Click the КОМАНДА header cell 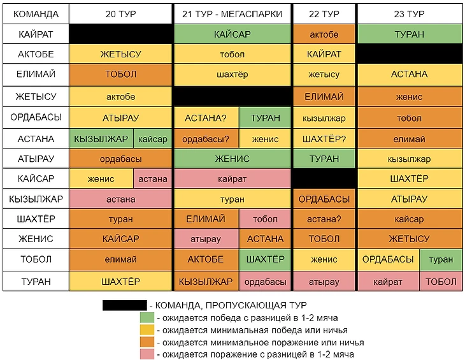pyautogui.click(x=36, y=13)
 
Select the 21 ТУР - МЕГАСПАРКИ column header pyautogui.click(x=232, y=13)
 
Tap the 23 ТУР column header pyautogui.click(x=409, y=13)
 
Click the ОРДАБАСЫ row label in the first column pyautogui.click(x=36, y=118)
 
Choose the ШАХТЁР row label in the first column pyautogui.click(x=36, y=219)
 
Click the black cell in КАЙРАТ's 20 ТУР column pyautogui.click(x=120, y=34)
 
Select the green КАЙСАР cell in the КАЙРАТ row pyautogui.click(x=232, y=34)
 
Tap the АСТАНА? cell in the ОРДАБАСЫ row pyautogui.click(x=206, y=118)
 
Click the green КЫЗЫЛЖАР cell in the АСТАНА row pyautogui.click(x=101, y=139)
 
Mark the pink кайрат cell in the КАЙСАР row pyautogui.click(x=232, y=179)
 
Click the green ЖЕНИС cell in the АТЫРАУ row pyautogui.click(x=232, y=159)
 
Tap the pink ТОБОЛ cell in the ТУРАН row pyautogui.click(x=441, y=281)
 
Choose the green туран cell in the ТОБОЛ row pyautogui.click(x=441, y=259)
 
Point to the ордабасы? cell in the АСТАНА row pyautogui.click(x=206, y=139)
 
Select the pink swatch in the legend pyautogui.click(x=147, y=354)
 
